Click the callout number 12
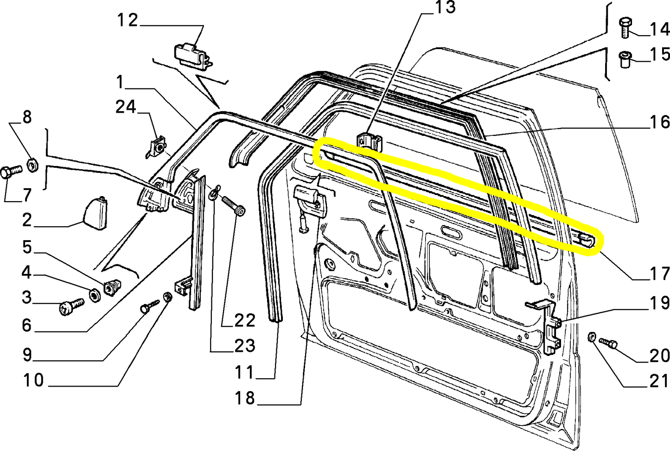click(x=128, y=20)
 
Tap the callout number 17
click(x=658, y=273)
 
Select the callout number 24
click(x=126, y=107)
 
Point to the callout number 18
click(x=245, y=398)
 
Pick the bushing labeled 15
click(x=625, y=59)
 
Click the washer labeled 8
click(x=32, y=165)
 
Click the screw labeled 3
click(x=72, y=307)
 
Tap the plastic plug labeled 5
click(x=112, y=287)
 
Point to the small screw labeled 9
click(x=150, y=306)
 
